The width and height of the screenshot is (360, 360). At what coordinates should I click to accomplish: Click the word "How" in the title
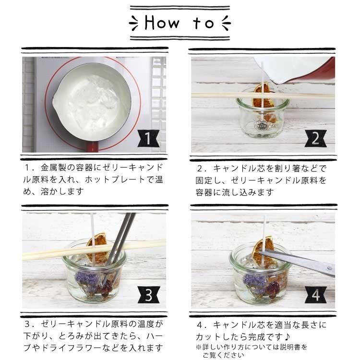(162, 23)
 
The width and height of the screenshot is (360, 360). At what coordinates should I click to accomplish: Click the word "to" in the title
(204, 23)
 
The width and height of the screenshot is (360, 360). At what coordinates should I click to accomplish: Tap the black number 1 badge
(148, 138)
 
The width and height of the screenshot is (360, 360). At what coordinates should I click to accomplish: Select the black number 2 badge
(316, 138)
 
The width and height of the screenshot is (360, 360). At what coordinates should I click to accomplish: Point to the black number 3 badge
(148, 295)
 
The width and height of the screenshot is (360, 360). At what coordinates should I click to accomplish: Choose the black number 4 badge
(316, 295)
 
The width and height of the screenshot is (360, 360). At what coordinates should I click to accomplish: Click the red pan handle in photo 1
(92, 146)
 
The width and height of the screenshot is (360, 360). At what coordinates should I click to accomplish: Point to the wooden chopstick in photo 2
(263, 96)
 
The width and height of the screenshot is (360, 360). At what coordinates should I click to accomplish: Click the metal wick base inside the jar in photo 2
(261, 126)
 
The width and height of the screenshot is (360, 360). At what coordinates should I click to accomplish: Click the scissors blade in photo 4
(297, 261)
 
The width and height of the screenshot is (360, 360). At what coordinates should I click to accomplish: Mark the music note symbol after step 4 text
(287, 337)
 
